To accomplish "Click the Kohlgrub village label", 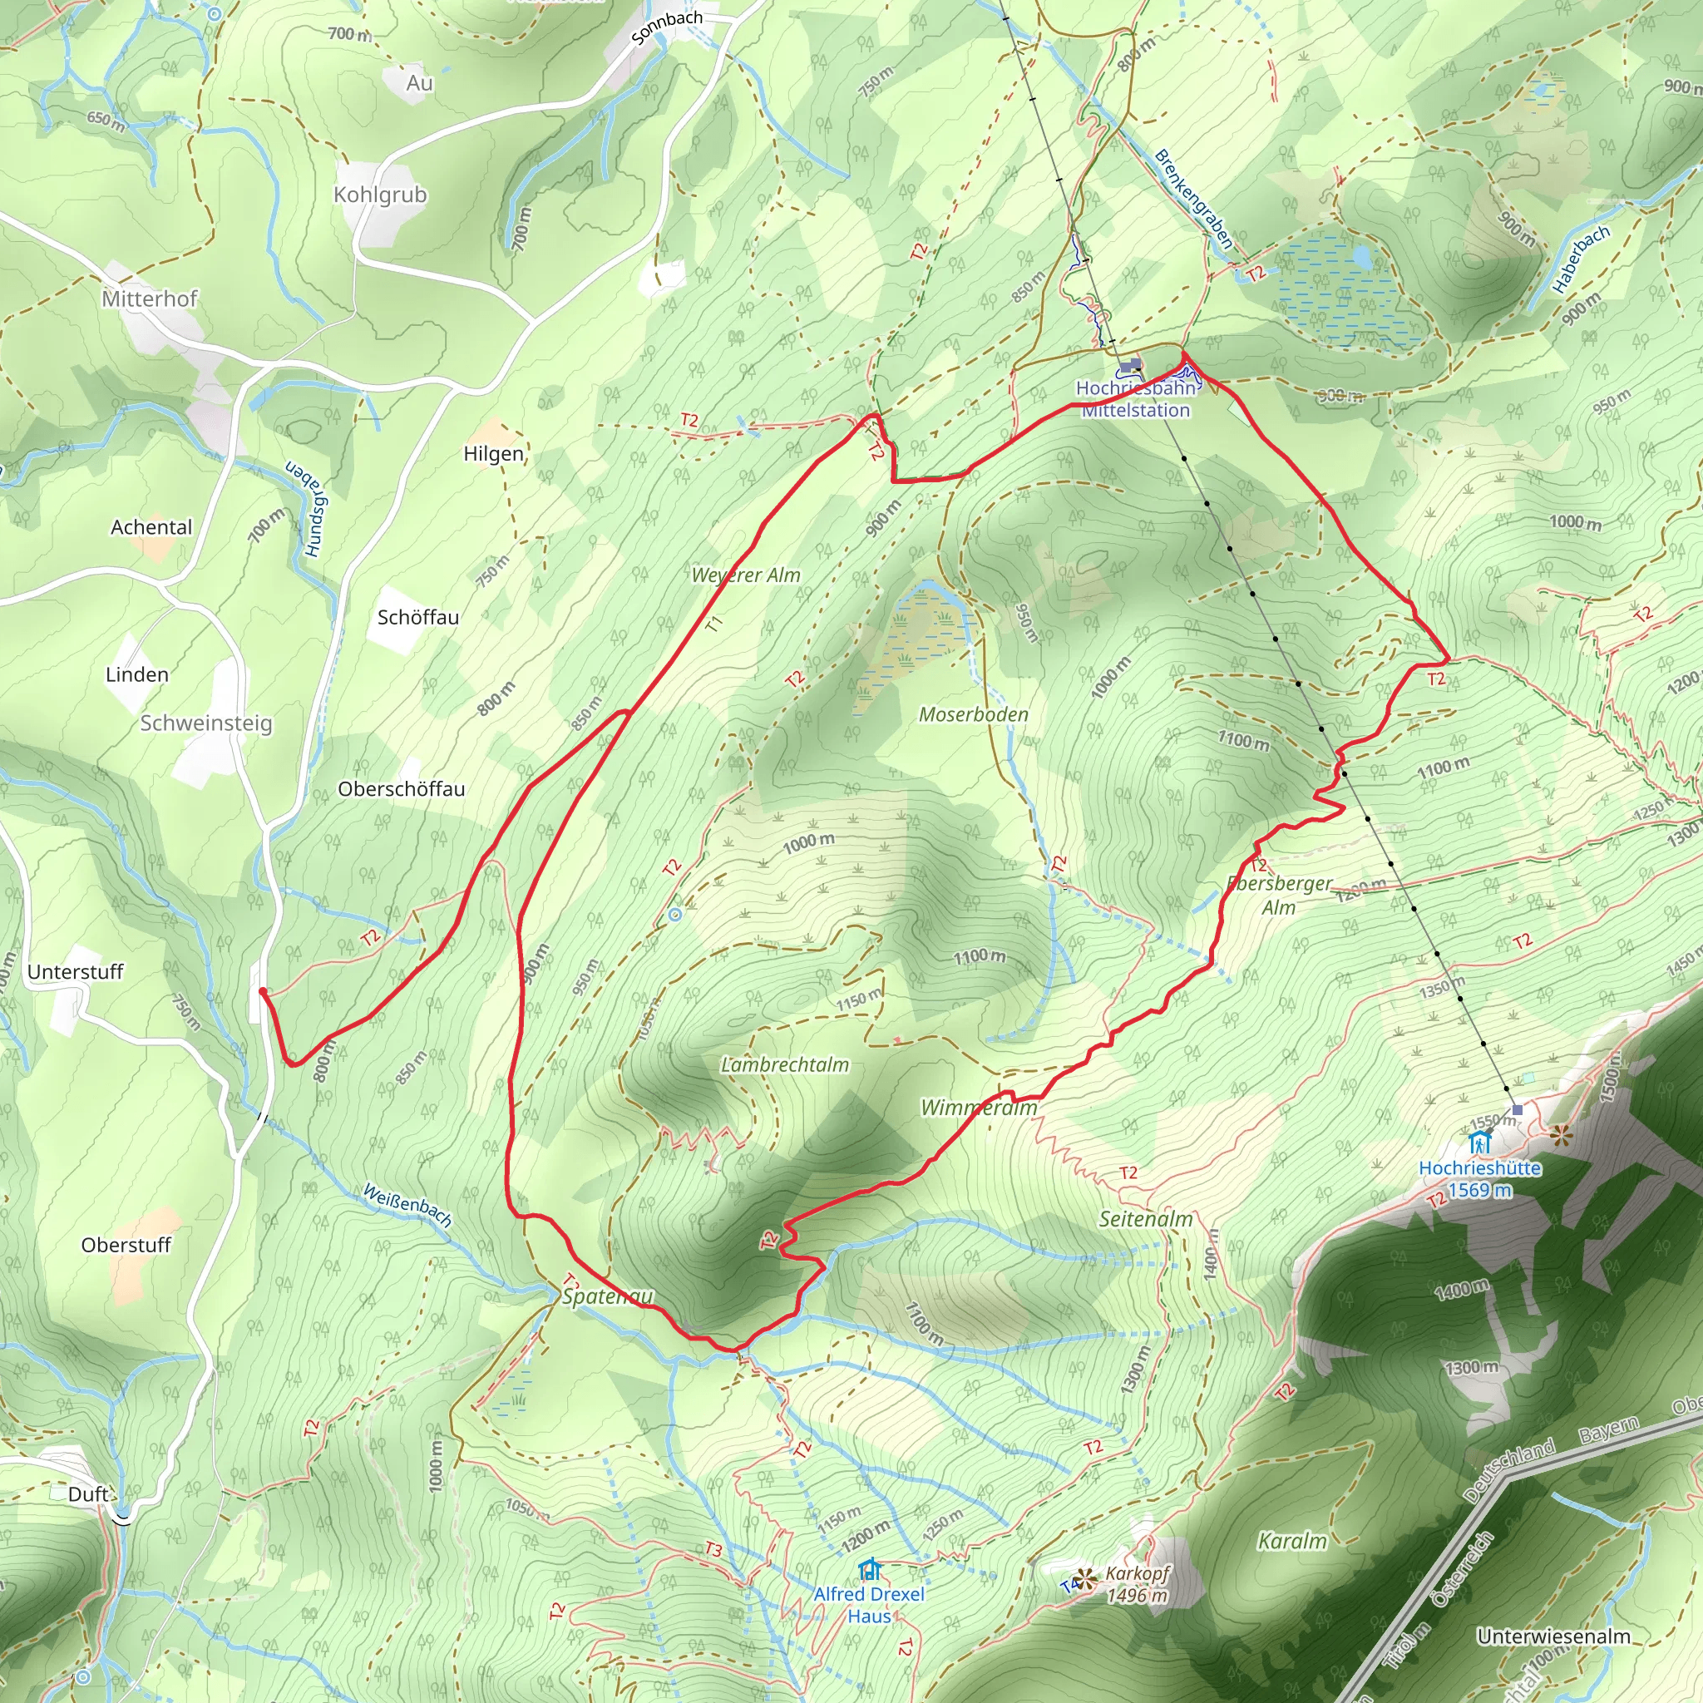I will point(380,195).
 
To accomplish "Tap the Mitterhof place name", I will point(149,299).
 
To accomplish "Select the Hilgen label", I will point(494,454).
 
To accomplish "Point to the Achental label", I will point(151,527).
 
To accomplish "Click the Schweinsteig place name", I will point(206,723).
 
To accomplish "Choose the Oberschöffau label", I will point(401,789).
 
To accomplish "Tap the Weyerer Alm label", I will point(746,575).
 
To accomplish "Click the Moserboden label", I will point(973,714).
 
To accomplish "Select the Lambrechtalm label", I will point(784,1065).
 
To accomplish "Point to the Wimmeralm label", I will point(979,1107).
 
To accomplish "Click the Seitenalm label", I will point(1145,1219).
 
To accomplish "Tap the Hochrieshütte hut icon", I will point(1479,1143).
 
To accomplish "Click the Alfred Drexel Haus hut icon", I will point(870,1570).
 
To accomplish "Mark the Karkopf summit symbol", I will point(1086,1579).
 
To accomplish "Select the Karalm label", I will point(1292,1541).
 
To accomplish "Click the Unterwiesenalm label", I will point(1553,1636).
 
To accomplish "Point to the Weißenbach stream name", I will point(407,1206).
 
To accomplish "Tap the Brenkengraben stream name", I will point(1193,200).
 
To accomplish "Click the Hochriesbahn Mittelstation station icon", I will point(1130,365).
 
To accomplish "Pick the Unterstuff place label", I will point(76,971).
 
